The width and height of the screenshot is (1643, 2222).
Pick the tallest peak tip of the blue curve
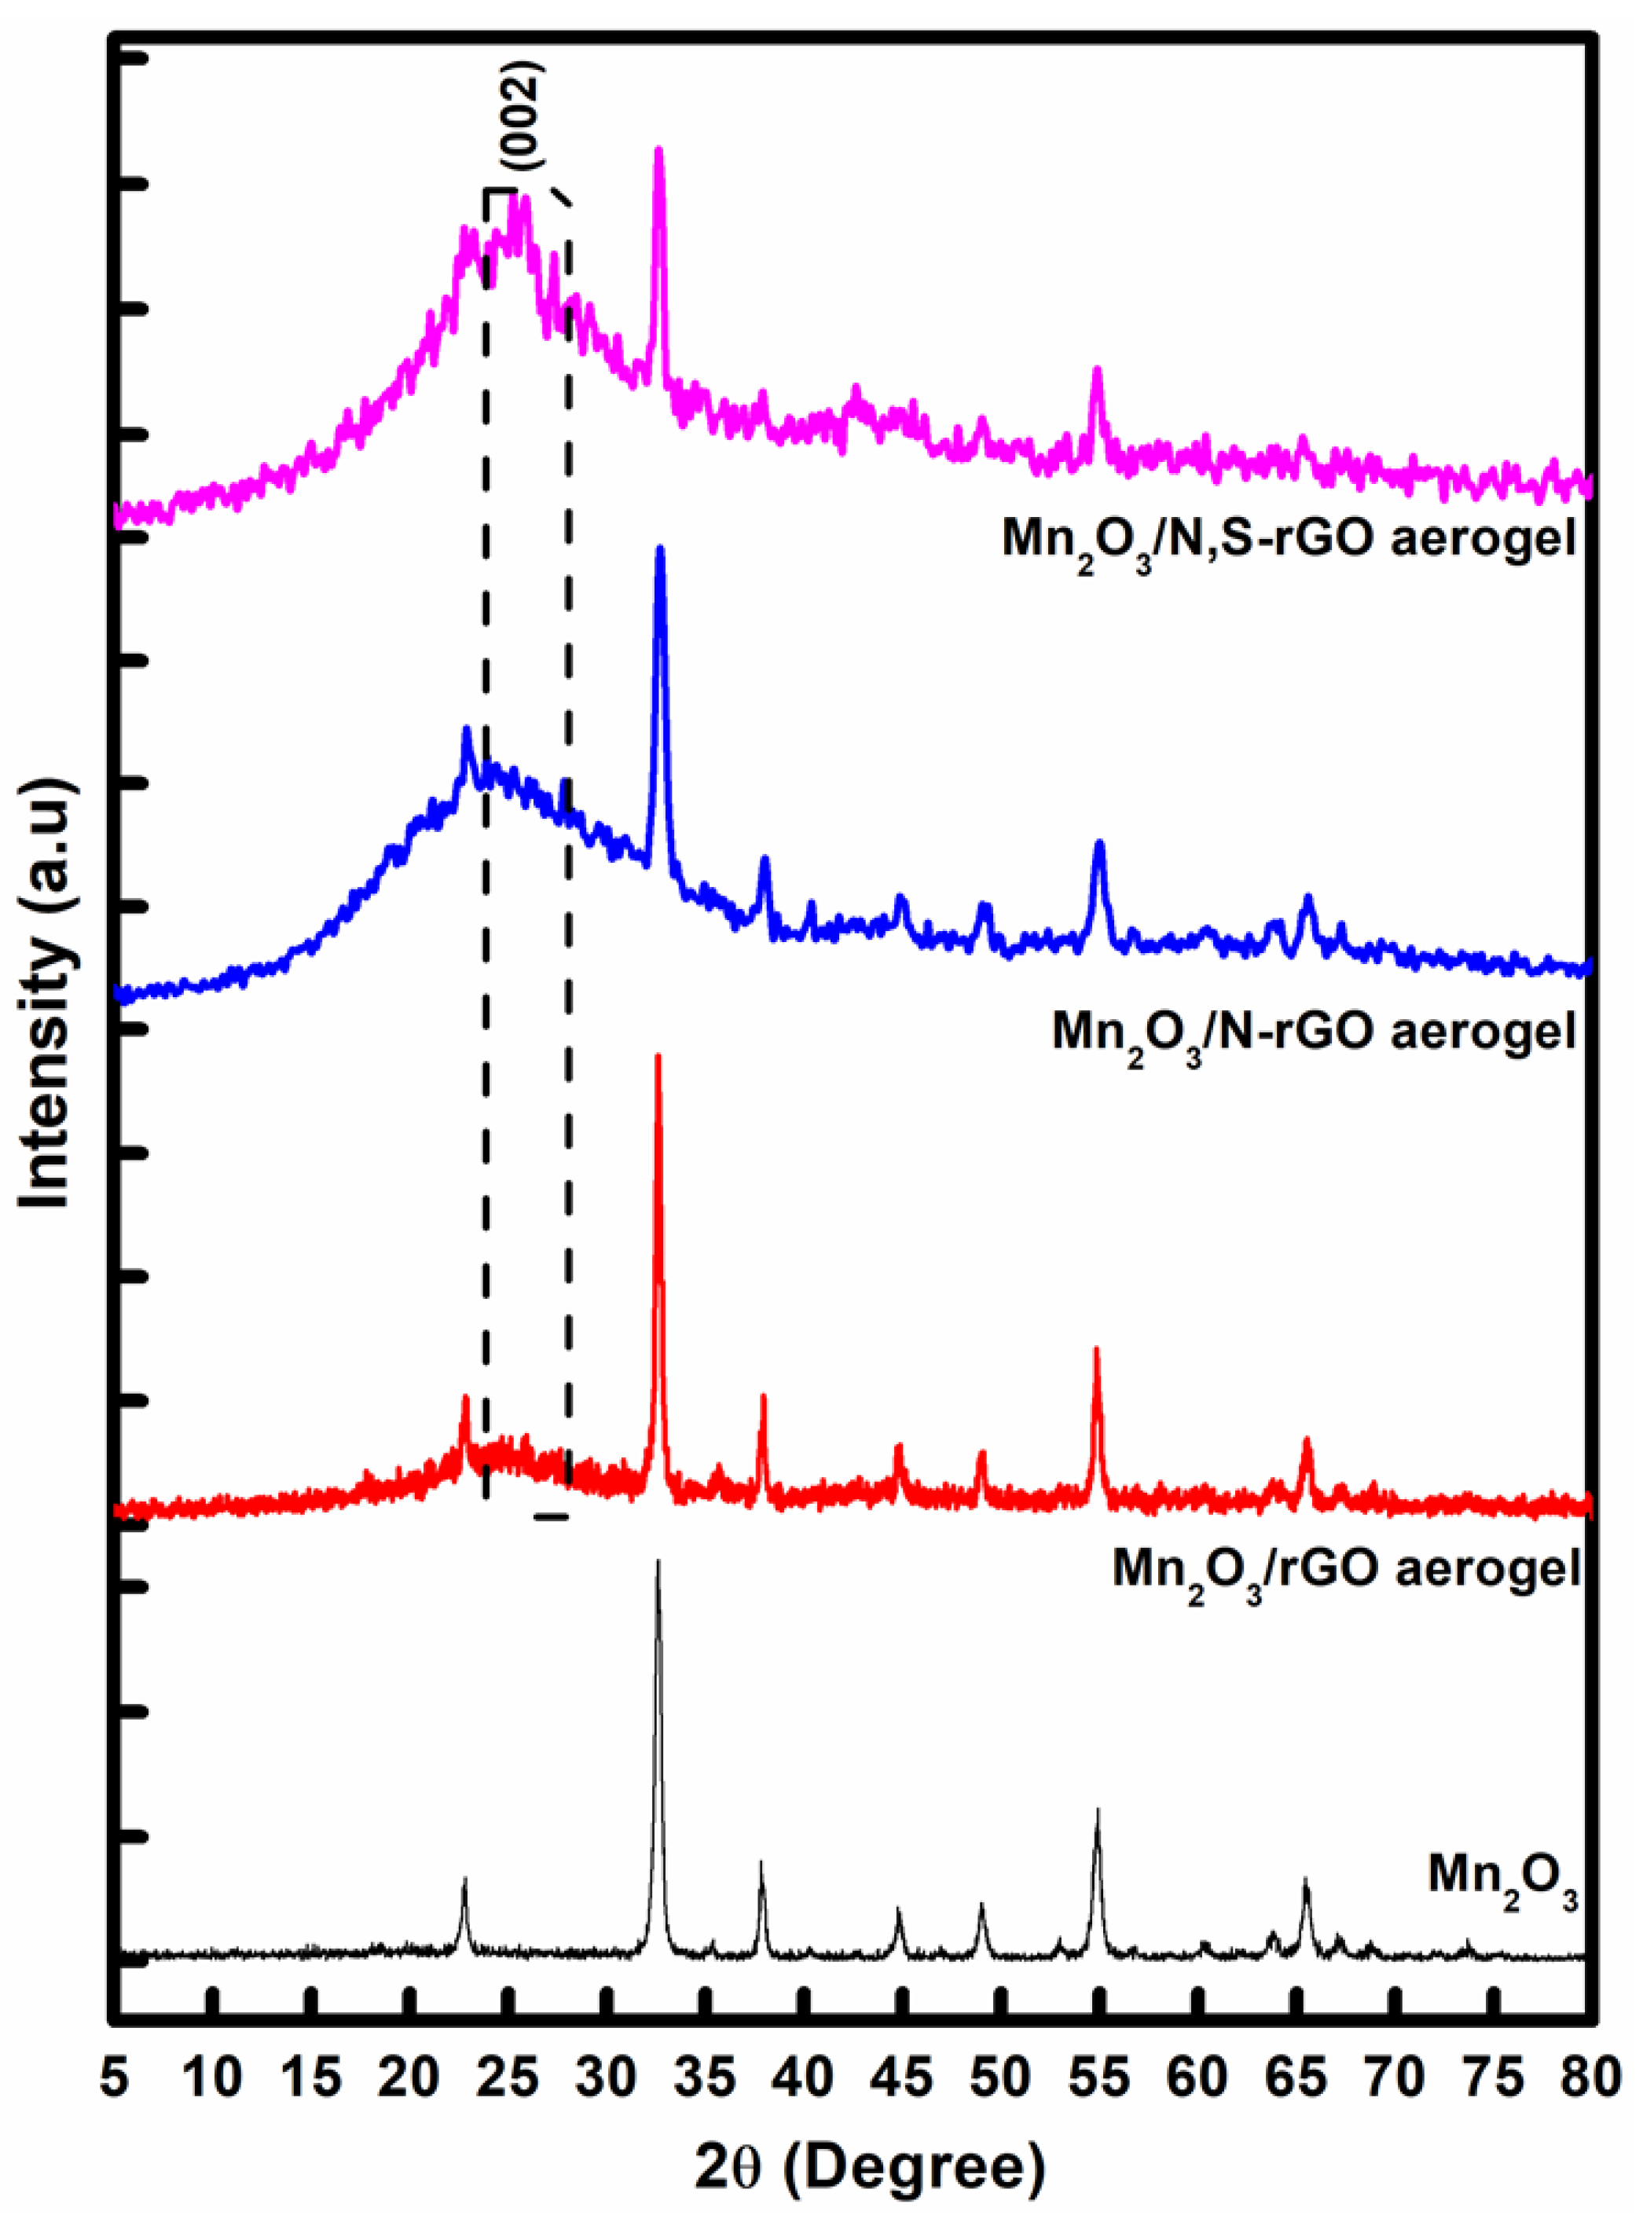pos(659,549)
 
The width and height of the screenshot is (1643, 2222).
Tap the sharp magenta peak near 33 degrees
pos(658,151)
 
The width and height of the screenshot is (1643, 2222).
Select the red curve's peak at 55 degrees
pos(1097,1351)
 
